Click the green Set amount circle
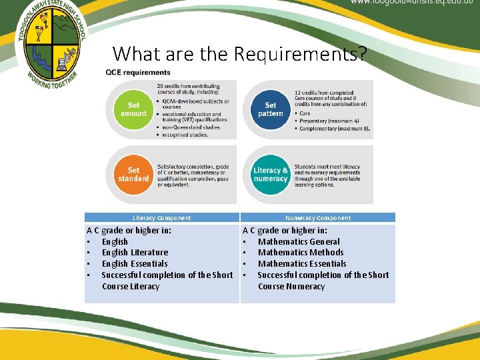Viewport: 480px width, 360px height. (133, 109)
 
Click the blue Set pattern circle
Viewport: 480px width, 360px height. (270, 109)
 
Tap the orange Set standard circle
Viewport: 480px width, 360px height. (133, 174)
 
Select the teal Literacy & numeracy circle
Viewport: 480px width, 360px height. (270, 174)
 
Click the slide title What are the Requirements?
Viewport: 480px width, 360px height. (239, 53)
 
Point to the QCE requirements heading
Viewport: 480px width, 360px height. (138, 73)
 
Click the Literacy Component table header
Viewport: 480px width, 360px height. (161, 218)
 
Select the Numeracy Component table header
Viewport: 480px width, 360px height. (317, 218)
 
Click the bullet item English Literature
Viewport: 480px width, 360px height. (135, 253)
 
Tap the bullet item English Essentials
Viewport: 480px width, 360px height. (135, 264)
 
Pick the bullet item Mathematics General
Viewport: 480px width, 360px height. (299, 242)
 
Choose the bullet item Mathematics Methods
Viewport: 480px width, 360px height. (301, 253)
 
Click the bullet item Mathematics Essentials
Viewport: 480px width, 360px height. (302, 264)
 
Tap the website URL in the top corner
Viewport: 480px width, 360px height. (413, 3)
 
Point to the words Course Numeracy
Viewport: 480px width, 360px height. (291, 287)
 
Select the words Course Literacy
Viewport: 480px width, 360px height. (131, 287)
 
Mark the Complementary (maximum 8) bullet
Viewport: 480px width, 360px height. (333, 129)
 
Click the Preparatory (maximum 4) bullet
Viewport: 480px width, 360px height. (329, 121)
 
